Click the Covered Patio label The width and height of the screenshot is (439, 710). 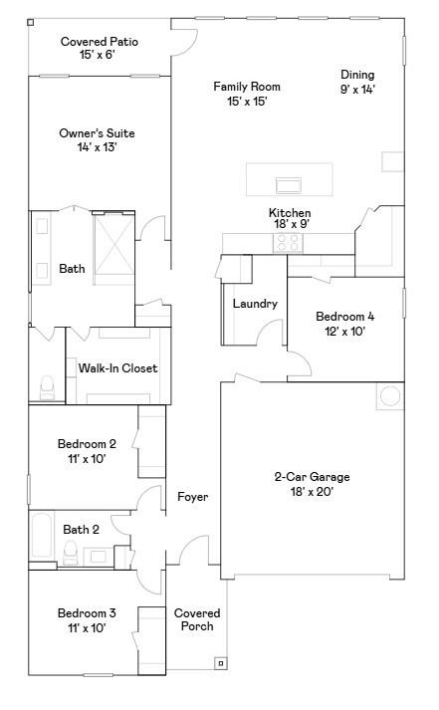[99, 42]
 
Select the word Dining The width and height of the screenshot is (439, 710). [357, 75]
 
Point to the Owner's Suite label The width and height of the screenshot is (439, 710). [97, 133]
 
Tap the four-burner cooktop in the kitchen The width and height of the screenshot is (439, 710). [289, 242]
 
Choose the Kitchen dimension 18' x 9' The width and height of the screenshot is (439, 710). [290, 225]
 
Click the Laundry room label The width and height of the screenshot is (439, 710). [255, 304]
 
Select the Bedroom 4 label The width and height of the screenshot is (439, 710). [344, 317]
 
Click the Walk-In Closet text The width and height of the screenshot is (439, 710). [117, 368]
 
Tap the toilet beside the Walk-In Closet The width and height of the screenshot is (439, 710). [46, 385]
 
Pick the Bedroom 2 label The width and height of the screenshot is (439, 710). [87, 444]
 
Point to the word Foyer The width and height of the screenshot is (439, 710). [192, 496]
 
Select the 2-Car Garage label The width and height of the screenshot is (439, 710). [312, 477]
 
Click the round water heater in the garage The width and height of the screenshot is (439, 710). [389, 396]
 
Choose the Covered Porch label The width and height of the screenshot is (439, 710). [197, 619]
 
